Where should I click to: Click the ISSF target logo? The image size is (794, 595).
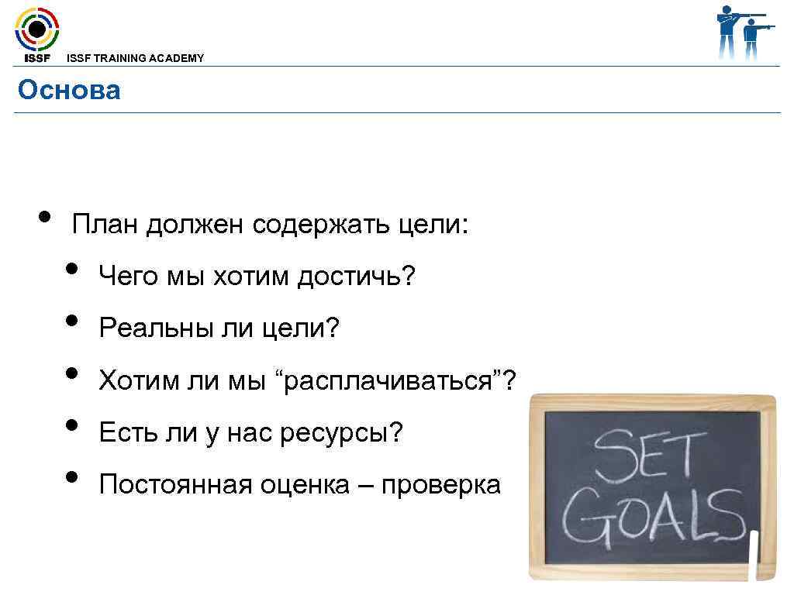pyautogui.click(x=36, y=31)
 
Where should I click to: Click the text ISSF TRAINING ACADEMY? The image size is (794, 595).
pyautogui.click(x=136, y=58)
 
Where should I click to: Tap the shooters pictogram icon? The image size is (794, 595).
pyautogui.click(x=745, y=33)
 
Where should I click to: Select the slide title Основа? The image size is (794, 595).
pyautogui.click(x=69, y=91)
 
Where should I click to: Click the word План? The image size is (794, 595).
pyautogui.click(x=105, y=225)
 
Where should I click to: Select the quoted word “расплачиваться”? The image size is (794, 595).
pyautogui.click(x=388, y=381)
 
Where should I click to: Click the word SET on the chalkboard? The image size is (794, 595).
pyautogui.click(x=649, y=457)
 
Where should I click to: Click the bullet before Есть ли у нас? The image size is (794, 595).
pyautogui.click(x=72, y=425)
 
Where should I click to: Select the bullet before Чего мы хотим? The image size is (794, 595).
pyautogui.click(x=72, y=268)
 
